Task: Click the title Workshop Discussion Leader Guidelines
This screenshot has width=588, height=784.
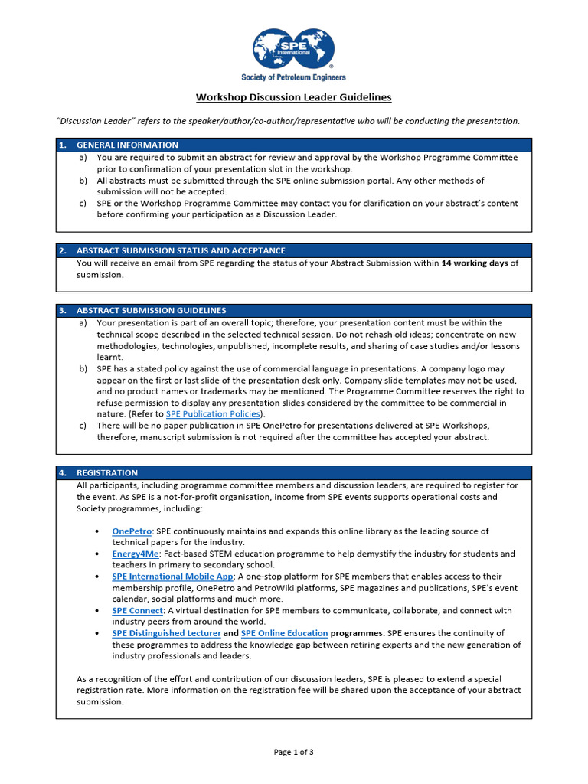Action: [293, 97]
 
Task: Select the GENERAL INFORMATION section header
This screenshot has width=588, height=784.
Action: [127, 145]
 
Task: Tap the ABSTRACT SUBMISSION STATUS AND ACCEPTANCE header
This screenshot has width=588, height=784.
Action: [181, 250]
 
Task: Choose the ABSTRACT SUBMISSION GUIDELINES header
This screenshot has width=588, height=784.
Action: [151, 310]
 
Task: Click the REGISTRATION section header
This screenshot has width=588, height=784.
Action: [107, 472]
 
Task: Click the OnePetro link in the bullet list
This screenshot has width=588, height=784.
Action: [132, 531]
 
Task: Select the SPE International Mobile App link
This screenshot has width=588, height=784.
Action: [172, 577]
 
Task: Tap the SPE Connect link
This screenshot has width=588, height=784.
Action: [137, 610]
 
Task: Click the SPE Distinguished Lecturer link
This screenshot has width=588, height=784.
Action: [166, 633]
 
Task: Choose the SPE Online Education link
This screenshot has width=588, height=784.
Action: [284, 633]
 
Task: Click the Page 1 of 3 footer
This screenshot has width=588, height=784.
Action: [293, 752]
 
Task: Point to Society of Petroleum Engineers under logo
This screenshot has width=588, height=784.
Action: [293, 77]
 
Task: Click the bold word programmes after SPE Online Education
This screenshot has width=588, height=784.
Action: [357, 633]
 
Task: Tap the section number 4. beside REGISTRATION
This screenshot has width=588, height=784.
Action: [63, 472]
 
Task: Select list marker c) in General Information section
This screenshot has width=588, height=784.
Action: [83, 204]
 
